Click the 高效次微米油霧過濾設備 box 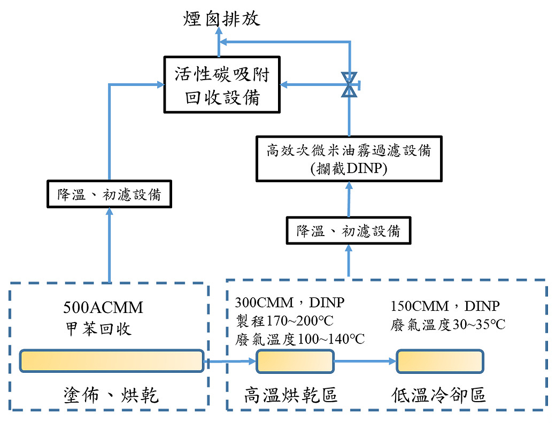pos(348,151)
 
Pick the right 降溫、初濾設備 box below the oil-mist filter pos(349,231)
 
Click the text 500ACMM pos(103,308)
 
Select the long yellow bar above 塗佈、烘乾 pos(111,361)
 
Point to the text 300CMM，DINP pos(290,303)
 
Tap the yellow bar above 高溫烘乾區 pos(295,361)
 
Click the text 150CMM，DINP pos(445,306)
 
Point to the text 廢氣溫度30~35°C pos(448,324)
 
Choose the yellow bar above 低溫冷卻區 pos(439,361)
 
